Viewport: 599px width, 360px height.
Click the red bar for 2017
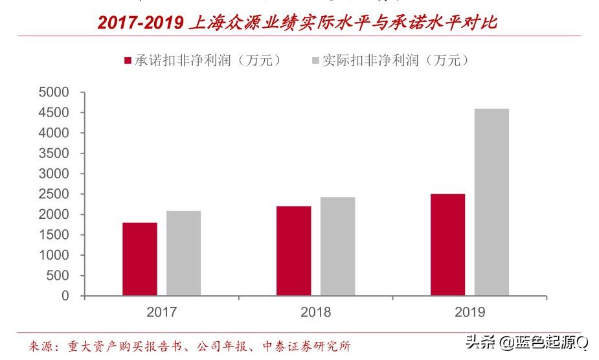tap(140, 259)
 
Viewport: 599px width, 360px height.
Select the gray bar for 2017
tap(183, 253)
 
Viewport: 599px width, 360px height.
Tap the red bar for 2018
tap(293, 251)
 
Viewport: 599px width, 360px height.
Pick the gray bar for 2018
tap(337, 246)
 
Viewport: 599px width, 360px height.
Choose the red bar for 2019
tap(447, 245)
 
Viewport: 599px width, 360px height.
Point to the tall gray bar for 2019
tap(492, 202)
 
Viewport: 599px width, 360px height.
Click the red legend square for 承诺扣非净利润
tap(128, 61)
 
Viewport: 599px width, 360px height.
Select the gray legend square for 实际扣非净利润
tap(315, 61)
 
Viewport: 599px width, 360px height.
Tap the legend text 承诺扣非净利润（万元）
tap(208, 61)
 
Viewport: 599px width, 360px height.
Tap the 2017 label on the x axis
tap(161, 312)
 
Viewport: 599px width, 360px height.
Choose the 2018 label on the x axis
tap(315, 312)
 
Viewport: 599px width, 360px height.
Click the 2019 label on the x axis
tap(469, 312)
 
